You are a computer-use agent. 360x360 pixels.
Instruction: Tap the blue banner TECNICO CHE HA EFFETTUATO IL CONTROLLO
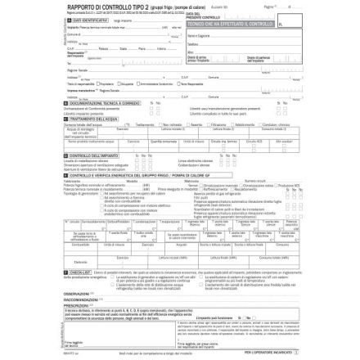coord(229,25)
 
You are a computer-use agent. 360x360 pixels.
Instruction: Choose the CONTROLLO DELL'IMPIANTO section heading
coord(92,154)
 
